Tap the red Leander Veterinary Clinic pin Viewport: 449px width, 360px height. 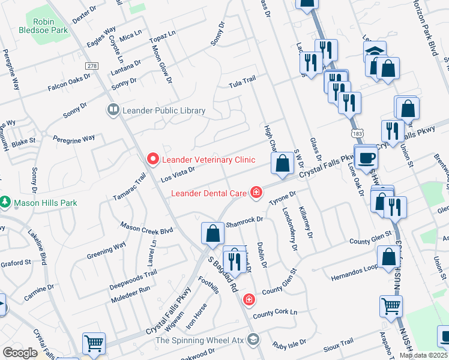click(152, 160)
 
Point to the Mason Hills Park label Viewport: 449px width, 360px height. click(46, 203)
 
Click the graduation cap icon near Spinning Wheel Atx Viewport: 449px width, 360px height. click(253, 340)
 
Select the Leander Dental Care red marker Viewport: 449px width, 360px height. click(256, 193)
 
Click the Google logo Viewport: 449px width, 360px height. click(20, 353)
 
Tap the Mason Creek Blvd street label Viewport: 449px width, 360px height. click(146, 228)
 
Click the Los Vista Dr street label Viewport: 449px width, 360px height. click(178, 173)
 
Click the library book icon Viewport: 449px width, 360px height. click(112, 110)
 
